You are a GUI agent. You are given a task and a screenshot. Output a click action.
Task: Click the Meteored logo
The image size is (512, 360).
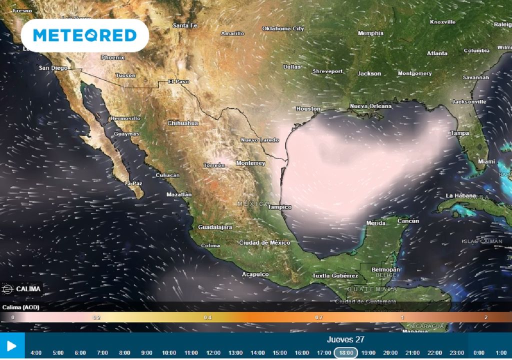tap(84, 35)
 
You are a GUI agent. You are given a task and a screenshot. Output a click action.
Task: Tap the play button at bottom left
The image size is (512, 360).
tap(12, 346)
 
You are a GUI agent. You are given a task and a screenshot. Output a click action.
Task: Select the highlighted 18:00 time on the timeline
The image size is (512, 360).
tap(346, 352)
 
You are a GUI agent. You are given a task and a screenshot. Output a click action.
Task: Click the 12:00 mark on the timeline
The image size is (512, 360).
tap(213, 352)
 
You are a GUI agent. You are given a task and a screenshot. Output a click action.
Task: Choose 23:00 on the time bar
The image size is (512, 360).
tap(456, 352)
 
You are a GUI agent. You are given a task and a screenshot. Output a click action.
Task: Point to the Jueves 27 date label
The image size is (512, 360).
tap(345, 339)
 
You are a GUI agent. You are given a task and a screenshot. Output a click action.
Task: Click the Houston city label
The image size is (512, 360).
tap(308, 108)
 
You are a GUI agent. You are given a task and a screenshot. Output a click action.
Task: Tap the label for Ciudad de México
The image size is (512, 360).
tap(264, 242)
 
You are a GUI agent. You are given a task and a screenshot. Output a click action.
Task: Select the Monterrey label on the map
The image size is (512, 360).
tap(250, 163)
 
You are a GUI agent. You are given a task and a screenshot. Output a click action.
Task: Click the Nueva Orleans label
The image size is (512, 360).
tap(370, 106)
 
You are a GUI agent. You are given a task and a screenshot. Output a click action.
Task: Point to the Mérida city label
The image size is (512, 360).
tap(375, 223)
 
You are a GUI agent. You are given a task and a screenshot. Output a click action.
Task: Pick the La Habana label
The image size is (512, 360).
tap(460, 195)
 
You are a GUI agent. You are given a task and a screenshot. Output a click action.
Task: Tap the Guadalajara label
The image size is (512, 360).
tap(215, 227)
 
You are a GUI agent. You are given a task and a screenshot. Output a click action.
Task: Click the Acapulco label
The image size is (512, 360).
tap(255, 274)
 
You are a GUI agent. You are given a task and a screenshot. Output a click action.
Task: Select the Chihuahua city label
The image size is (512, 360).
tap(183, 123)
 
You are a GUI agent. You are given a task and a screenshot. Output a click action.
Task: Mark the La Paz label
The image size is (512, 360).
tap(133, 183)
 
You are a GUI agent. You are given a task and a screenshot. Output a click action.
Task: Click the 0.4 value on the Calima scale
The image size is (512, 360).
tap(207, 317)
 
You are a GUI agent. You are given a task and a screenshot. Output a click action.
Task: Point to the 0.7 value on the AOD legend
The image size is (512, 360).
tap(318, 317)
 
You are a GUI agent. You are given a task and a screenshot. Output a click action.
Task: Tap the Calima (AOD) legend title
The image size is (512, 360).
tap(21, 307)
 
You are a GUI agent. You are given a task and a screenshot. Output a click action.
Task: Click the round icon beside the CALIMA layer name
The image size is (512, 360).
tap(7, 289)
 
